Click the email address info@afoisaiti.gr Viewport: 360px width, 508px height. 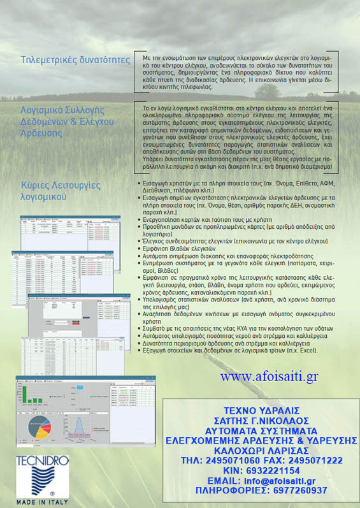(x=285, y=480)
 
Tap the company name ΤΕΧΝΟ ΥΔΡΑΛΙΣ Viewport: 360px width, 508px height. (x=261, y=409)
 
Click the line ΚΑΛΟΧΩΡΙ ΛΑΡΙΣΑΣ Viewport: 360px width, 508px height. (x=261, y=449)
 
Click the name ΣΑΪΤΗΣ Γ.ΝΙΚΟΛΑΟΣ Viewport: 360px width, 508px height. (x=261, y=419)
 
